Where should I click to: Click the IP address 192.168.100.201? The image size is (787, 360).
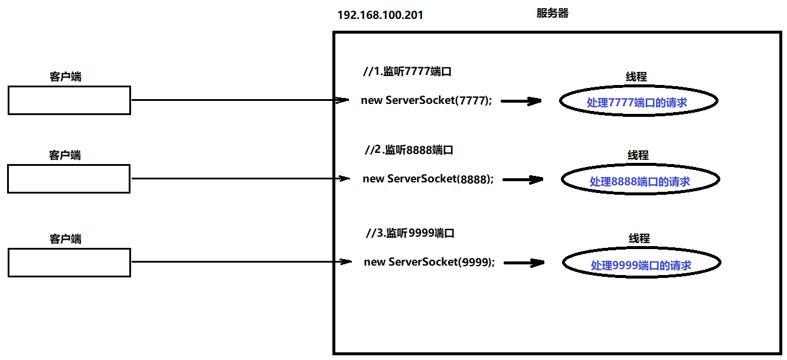point(380,15)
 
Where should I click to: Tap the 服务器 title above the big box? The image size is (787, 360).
point(552,13)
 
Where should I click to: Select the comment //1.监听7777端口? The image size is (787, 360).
point(407,72)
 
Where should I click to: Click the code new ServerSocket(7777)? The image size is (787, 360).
point(426,100)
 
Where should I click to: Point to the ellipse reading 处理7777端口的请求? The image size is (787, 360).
point(638,102)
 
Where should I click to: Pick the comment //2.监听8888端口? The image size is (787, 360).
point(409,150)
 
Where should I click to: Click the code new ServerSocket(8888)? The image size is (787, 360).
point(428,179)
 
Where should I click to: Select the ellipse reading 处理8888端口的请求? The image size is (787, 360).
point(639,181)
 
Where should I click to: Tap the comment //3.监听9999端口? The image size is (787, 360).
point(410,233)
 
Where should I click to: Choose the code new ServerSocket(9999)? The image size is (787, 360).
point(429,262)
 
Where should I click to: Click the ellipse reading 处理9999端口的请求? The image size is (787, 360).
point(641,264)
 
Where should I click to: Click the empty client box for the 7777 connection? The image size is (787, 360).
point(69,100)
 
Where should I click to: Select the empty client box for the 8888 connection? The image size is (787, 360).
point(68,179)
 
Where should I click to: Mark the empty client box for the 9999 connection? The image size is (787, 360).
point(69,262)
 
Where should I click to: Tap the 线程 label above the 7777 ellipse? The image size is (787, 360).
point(636,77)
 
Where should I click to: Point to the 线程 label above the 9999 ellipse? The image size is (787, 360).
point(639,238)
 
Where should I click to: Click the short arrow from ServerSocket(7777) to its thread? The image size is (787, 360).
point(521,101)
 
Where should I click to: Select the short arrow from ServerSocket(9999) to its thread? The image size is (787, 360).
point(523,263)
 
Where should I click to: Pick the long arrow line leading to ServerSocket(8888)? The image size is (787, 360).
point(236,178)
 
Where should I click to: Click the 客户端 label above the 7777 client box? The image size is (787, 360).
point(65,77)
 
